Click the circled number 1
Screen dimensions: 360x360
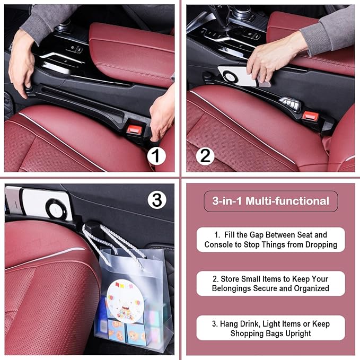155,156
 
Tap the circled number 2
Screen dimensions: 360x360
205,156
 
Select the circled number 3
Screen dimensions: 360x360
155,200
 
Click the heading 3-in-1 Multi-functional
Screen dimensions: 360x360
270,201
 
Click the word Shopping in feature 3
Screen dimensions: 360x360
248,333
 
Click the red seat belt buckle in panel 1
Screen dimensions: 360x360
135,129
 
